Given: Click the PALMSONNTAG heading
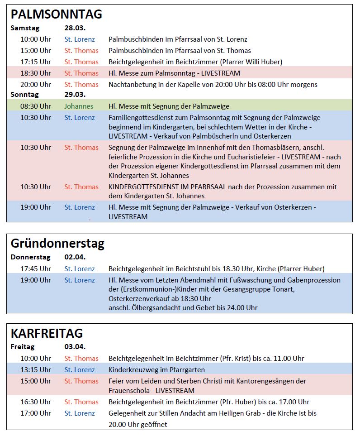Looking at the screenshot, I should [57, 14].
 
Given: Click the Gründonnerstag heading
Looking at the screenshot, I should [57, 243].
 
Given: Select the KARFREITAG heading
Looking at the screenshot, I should [47, 333].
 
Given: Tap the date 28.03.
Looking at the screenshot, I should [75, 28].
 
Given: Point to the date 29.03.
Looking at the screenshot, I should [75, 95].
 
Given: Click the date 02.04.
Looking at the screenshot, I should [75, 257].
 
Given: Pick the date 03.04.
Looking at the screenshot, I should [75, 347].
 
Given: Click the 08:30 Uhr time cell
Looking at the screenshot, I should [36, 106].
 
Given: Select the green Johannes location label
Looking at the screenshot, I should [79, 106].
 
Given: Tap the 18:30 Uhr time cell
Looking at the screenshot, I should [36, 73].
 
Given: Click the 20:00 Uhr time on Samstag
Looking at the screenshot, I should [36, 84].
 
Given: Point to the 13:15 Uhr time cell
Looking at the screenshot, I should [36, 369].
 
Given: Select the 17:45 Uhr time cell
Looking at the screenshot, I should [36, 268].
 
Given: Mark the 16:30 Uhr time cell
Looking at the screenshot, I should [36, 402].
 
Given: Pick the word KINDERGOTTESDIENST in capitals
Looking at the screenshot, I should [146, 187].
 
